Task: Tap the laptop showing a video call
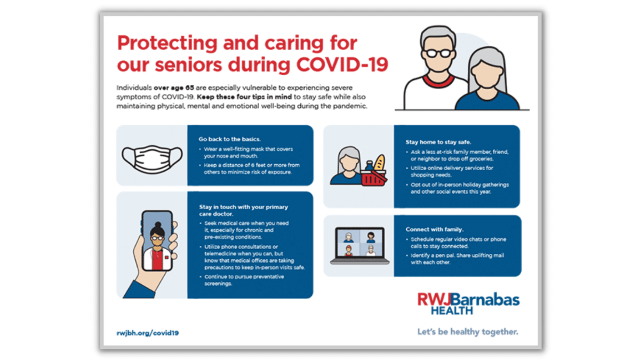357,246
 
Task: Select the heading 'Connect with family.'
427,229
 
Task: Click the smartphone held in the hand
156,242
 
